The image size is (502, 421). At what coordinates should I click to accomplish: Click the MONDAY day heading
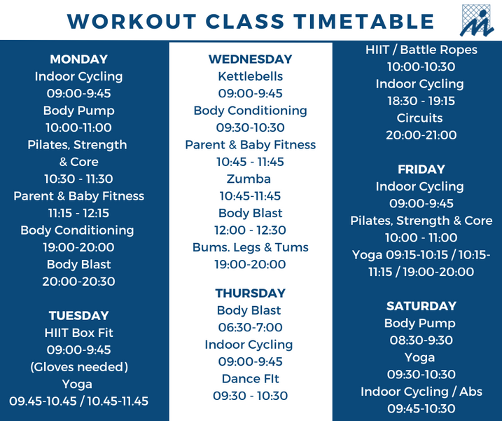(78, 60)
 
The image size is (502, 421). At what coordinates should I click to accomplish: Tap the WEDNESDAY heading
(251, 60)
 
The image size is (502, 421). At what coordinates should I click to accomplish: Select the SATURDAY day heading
(421, 306)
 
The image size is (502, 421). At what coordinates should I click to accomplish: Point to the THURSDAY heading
(251, 294)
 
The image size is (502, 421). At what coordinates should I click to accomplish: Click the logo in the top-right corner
(477, 20)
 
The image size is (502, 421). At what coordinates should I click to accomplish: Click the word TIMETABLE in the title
(364, 22)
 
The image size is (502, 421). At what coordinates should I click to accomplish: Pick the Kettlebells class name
(251, 76)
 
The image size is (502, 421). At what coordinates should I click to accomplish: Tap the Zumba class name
(249, 179)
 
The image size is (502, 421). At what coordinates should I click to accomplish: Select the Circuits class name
(419, 118)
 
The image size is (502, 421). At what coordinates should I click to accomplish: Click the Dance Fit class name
(251, 379)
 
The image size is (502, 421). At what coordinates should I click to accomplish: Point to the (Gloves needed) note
(78, 367)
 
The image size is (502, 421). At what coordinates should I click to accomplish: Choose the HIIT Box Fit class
(78, 333)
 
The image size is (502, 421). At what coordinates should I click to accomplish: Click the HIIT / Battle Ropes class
(421, 50)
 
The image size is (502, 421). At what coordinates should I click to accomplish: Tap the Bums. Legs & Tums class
(251, 247)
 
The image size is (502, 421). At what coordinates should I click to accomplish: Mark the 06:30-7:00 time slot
(251, 327)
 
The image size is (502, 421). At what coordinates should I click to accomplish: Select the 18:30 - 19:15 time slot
(421, 101)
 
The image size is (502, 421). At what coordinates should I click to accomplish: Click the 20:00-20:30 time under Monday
(78, 282)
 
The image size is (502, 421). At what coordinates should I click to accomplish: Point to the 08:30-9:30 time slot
(421, 340)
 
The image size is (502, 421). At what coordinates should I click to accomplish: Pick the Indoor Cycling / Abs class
(421, 392)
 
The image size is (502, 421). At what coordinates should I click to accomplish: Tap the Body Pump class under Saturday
(419, 324)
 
